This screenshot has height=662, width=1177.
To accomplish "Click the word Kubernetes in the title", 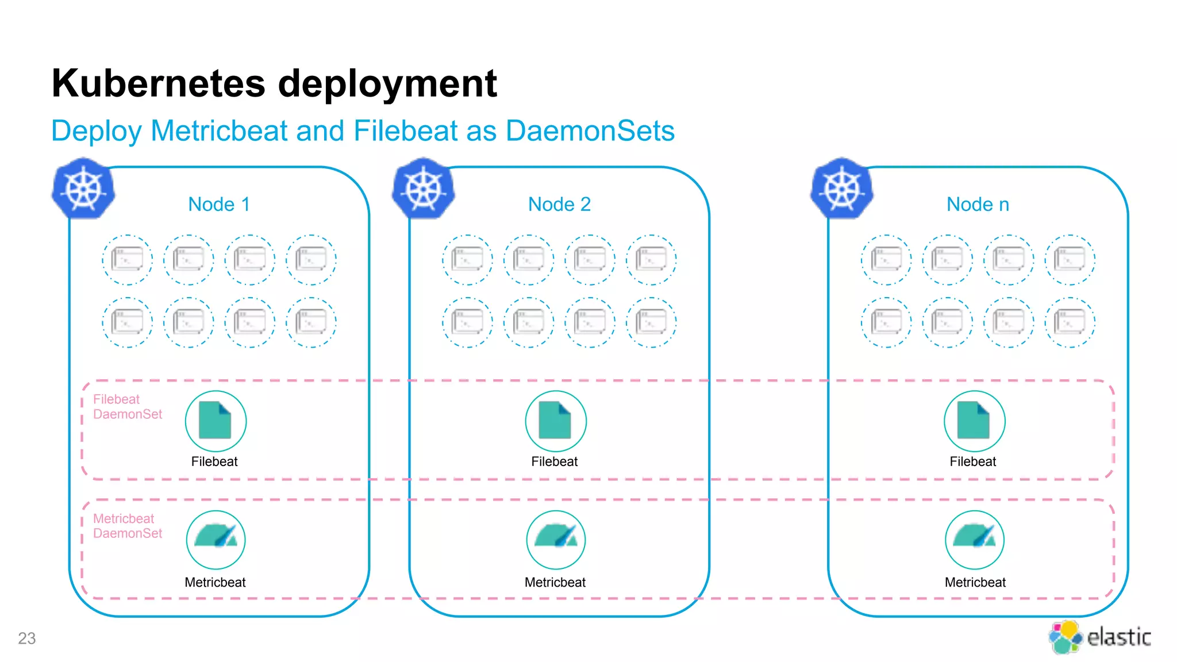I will [159, 84].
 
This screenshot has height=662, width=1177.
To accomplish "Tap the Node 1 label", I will [219, 205].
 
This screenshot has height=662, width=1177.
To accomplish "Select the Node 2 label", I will [559, 205].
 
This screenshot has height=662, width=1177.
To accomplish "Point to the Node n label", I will [978, 205].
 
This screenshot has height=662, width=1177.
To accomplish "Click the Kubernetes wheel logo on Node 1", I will [83, 189].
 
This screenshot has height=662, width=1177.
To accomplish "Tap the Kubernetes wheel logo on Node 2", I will [424, 189].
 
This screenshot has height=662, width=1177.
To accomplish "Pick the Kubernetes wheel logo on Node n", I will [842, 189].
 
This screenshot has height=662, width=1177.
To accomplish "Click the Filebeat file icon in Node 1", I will [216, 421].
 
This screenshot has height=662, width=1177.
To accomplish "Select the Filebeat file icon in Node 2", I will [556, 421].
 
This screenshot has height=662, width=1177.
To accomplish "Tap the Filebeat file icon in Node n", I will [974, 421].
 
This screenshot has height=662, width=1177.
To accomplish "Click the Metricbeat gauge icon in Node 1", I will [216, 539].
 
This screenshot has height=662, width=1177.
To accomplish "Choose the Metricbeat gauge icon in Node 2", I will [556, 539].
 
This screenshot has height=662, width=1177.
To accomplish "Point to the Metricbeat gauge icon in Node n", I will [974, 539].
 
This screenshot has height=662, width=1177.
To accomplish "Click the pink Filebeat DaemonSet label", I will [128, 407].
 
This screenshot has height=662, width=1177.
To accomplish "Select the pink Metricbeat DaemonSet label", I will [128, 526].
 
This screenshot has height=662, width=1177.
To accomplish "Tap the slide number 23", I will [27, 638].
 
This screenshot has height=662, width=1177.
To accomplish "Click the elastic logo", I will [1099, 637].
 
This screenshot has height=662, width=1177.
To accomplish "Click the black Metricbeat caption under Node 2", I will [555, 582].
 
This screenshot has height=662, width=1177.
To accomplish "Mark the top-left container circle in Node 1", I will [128, 260].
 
